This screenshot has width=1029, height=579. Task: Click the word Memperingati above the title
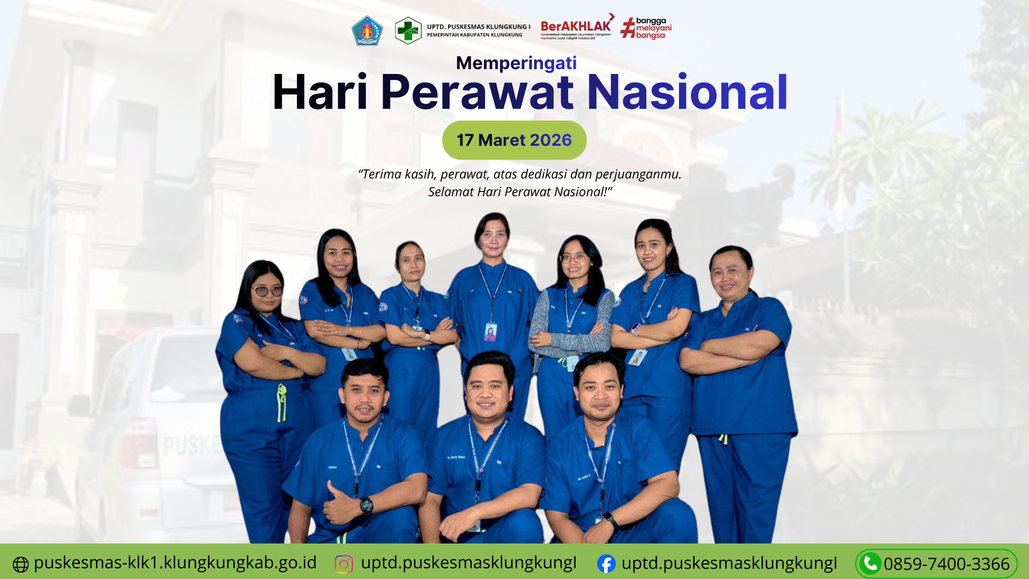(516, 63)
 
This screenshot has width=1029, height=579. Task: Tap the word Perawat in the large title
(477, 93)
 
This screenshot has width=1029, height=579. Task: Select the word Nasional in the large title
(687, 93)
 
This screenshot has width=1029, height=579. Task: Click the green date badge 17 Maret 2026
(514, 140)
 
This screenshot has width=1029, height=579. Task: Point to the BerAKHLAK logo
(577, 27)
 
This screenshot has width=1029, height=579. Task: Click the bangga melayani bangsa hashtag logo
(646, 28)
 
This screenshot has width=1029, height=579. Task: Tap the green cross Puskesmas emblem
(408, 31)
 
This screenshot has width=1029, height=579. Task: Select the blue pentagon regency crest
(367, 31)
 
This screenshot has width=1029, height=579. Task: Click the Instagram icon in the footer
(344, 564)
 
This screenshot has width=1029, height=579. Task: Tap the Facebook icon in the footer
(606, 563)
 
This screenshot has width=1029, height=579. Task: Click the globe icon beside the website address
(20, 565)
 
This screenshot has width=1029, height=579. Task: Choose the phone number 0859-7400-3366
(946, 564)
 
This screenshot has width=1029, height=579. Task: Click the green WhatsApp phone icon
(870, 563)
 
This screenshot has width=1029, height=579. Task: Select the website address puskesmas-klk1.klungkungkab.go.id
(175, 562)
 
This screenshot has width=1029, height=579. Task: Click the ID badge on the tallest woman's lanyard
(490, 332)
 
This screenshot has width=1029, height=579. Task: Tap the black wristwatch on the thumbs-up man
(367, 504)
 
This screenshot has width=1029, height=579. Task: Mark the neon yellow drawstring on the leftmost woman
(281, 402)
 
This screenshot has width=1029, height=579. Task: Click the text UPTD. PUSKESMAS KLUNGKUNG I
(478, 27)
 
